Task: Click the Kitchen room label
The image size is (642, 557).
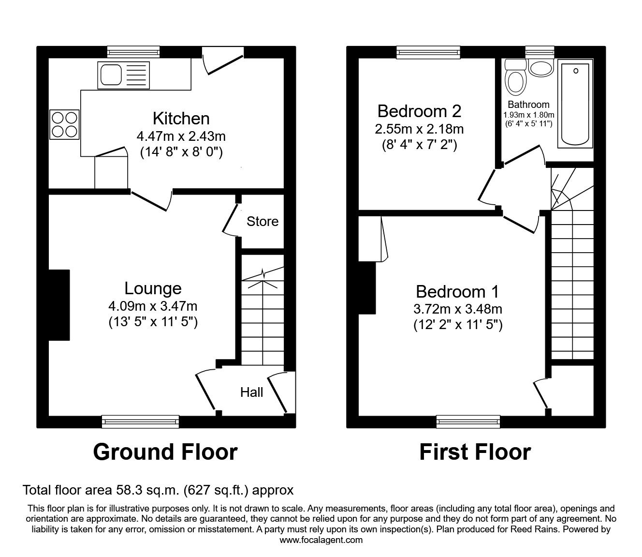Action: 181,119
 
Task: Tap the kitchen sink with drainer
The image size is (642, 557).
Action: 123,75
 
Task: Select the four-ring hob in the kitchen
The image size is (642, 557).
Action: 64,124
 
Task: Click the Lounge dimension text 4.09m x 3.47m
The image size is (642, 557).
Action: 153,306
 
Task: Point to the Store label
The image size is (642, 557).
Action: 263,222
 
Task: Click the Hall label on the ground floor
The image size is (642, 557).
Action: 251,392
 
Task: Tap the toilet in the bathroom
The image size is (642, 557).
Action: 515,80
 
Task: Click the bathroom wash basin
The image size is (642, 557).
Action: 540,68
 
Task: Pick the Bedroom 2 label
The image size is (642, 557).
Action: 419,111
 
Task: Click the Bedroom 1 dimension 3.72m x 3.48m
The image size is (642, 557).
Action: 458,309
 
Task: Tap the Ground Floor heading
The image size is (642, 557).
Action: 165,452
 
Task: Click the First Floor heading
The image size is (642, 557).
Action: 475,452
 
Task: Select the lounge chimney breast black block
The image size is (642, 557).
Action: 59,305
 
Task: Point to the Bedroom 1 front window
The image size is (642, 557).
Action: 468,422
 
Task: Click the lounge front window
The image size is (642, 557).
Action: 140,422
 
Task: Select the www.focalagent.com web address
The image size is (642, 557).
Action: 321,540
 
